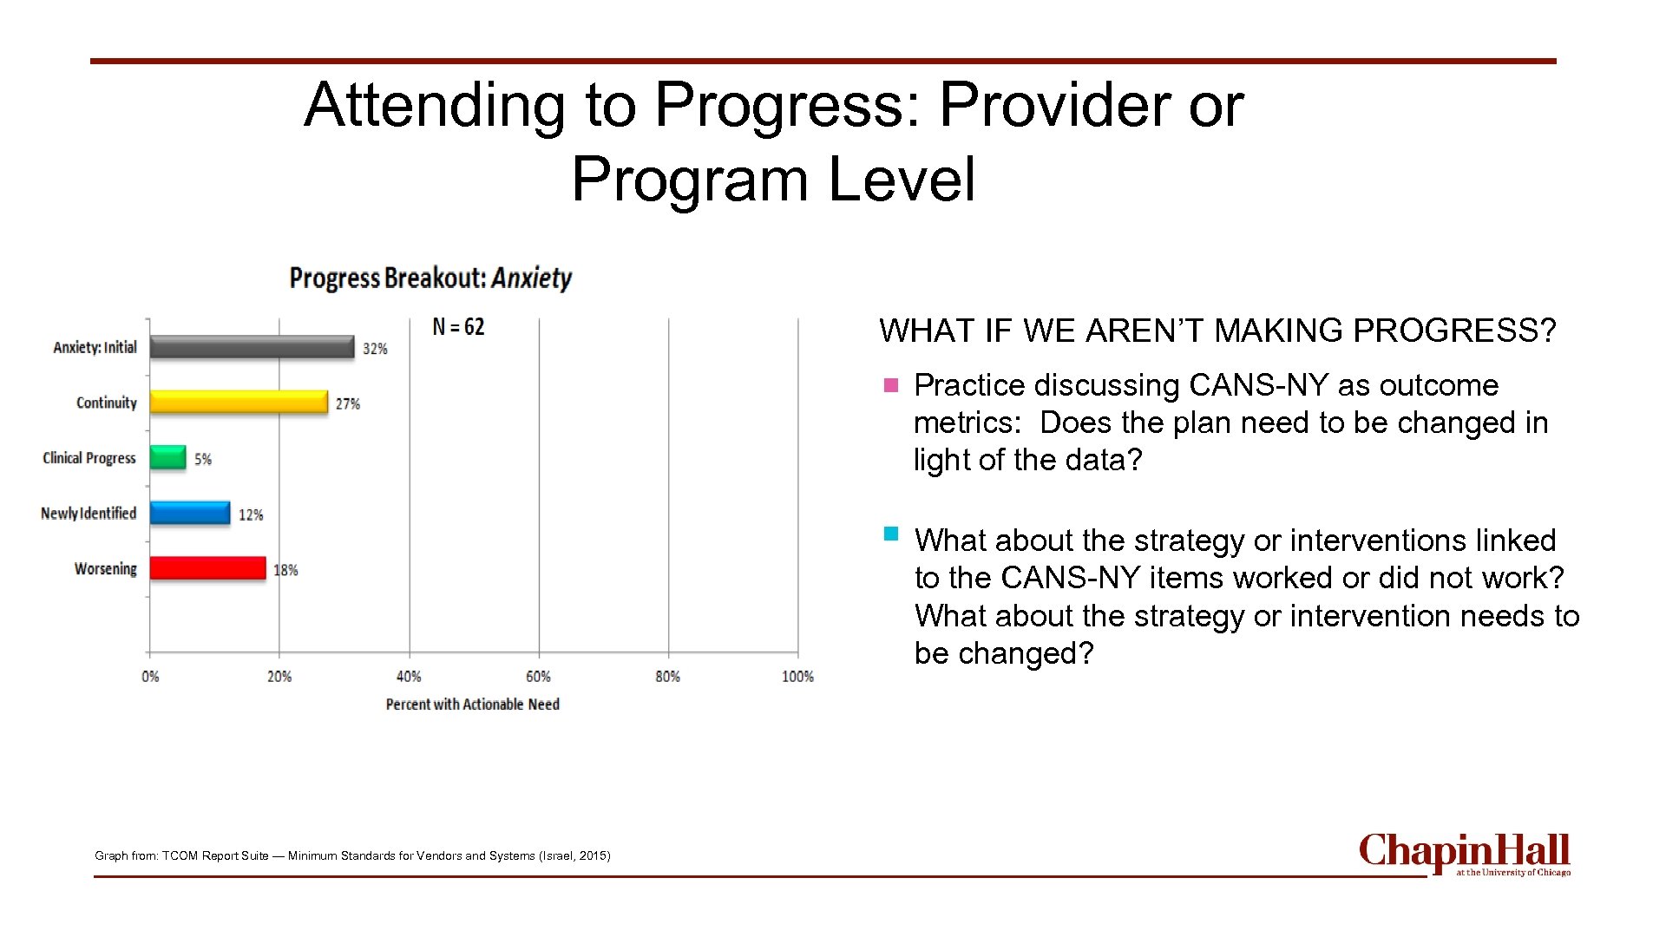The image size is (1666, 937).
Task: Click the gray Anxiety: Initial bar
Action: coord(252,347)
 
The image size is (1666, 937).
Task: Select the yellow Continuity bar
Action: coord(239,402)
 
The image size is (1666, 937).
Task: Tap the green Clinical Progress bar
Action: coord(167,457)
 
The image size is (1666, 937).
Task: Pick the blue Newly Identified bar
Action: coord(189,513)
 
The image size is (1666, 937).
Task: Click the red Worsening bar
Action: coord(207,568)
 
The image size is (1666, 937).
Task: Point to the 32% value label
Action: coord(375,349)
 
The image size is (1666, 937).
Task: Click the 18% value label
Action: coord(285,570)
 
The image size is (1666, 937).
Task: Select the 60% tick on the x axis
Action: coord(538,677)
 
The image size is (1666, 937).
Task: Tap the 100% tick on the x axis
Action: coord(797,677)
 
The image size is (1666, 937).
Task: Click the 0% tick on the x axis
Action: coord(150,677)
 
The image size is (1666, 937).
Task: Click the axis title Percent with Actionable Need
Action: coord(472,704)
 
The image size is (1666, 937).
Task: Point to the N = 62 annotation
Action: coord(458,327)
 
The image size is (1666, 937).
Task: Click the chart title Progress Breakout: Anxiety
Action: coord(430,278)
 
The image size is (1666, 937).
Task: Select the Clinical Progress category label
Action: coord(89,458)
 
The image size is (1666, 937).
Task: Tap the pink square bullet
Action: coord(890,385)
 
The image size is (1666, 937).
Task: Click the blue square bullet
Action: coord(890,534)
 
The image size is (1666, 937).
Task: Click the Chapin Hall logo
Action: coord(1464,855)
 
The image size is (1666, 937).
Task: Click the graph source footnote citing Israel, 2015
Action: coord(352,855)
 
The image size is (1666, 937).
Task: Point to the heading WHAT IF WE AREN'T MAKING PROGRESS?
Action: coord(1217,331)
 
